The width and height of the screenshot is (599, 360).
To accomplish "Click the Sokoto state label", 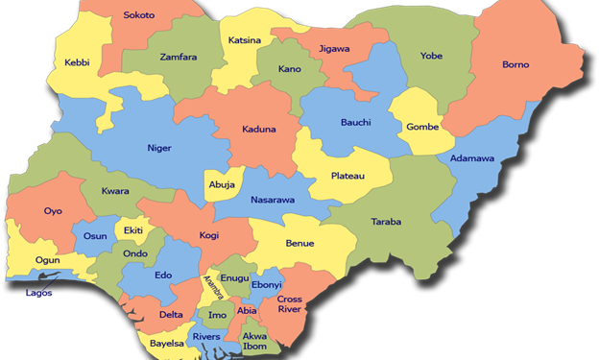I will click(x=139, y=16).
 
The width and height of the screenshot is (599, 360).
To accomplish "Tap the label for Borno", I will click(x=515, y=65).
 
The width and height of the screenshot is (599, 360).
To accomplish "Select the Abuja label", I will click(x=222, y=185).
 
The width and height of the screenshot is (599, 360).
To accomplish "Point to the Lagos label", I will click(x=39, y=293).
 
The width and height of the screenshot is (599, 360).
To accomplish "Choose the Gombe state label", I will click(x=422, y=127).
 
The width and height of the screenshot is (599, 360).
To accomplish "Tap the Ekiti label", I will click(x=132, y=231).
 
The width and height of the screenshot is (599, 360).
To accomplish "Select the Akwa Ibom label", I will click(x=254, y=342).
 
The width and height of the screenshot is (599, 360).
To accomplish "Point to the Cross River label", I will click(x=290, y=305).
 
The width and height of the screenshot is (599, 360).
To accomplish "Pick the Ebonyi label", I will click(x=266, y=285).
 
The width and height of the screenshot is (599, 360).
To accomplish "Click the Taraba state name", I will click(x=386, y=222).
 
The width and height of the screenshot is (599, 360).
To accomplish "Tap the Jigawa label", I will click(x=334, y=48).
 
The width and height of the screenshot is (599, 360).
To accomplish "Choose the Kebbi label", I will click(x=77, y=62).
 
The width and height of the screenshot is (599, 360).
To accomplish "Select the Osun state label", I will click(x=95, y=236).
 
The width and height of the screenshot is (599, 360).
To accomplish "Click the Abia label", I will click(x=248, y=310).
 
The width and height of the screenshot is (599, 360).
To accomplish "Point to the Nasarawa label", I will click(x=272, y=201).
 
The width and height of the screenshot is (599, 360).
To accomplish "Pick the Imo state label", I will click(x=218, y=315).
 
